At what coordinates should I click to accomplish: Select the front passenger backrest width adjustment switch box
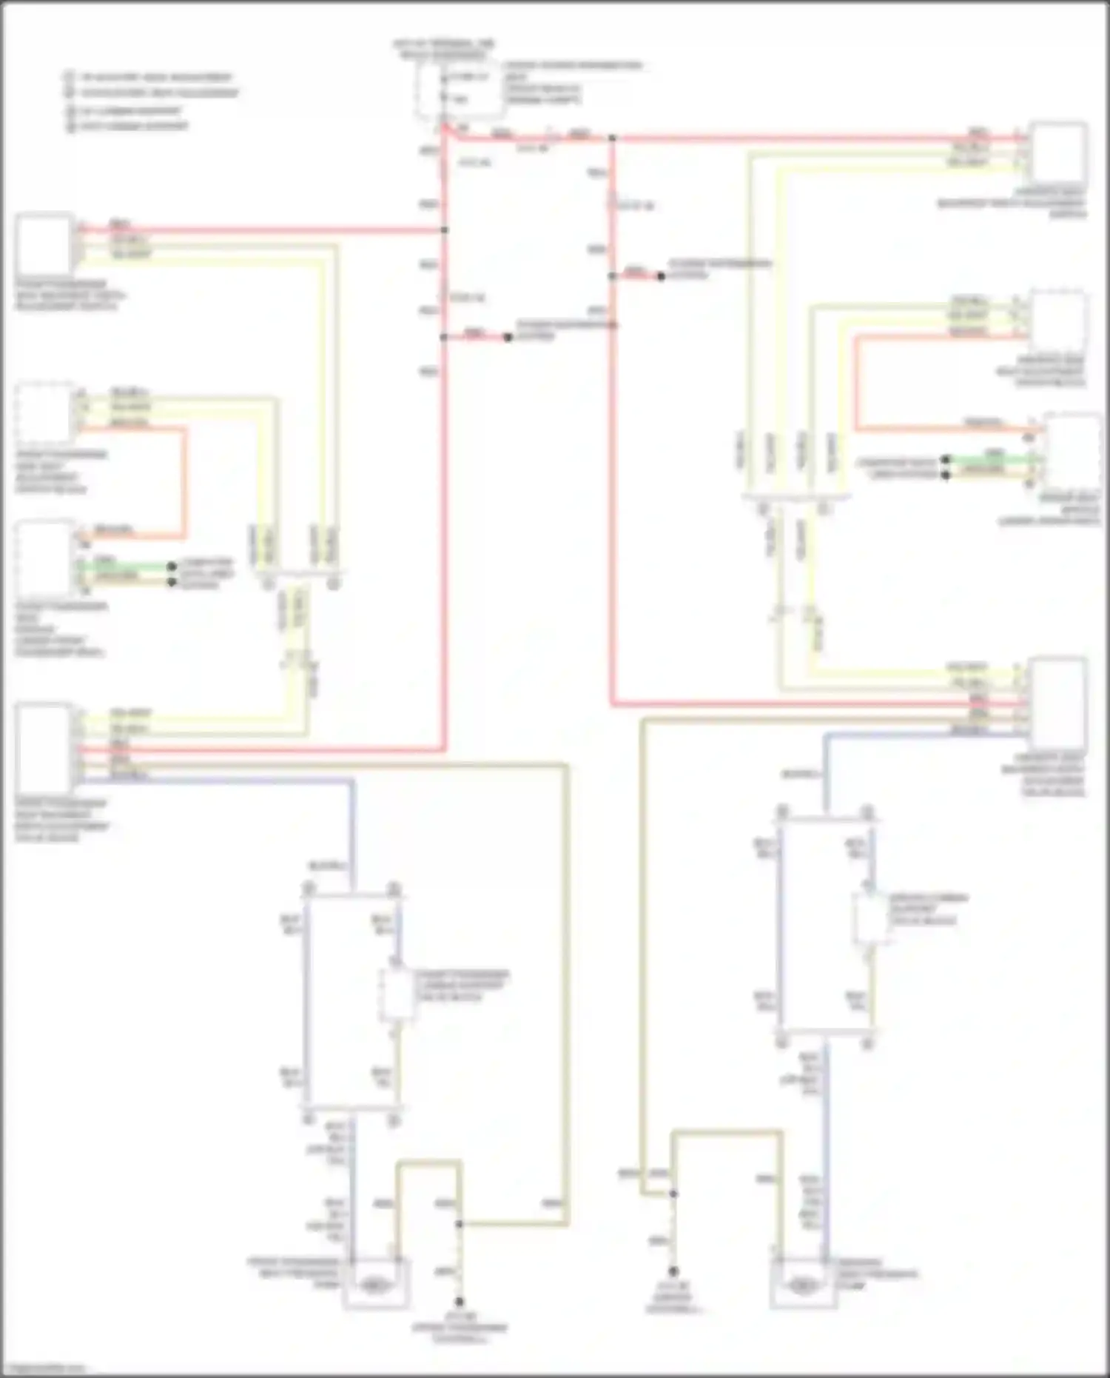pos(44,244)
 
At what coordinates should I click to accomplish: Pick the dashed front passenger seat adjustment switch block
pos(44,410)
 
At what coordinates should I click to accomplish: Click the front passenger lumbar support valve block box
pos(396,995)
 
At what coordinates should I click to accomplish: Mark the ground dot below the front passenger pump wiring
pos(460,1302)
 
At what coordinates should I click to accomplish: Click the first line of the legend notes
pos(148,77)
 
